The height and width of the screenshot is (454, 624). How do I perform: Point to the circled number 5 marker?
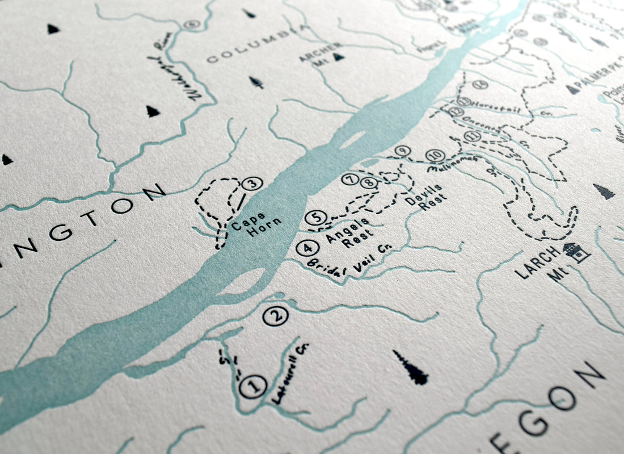316,217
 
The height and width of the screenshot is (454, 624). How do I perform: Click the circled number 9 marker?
402,151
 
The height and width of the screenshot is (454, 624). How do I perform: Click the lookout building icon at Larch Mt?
577,252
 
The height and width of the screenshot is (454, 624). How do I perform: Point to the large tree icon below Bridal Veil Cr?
411,368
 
